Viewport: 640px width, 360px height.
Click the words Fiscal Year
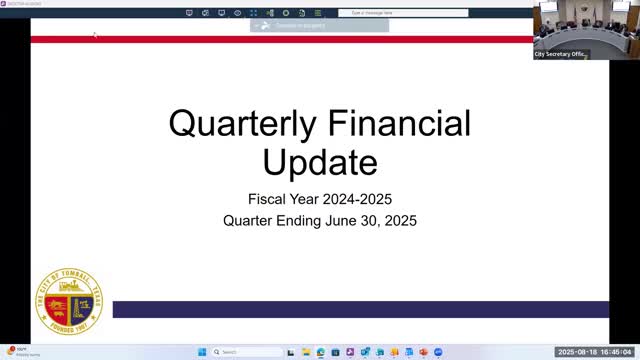284,198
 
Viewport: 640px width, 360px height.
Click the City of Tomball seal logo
69,301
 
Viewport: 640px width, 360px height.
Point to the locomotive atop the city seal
69,284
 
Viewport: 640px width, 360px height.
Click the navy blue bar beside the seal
360,309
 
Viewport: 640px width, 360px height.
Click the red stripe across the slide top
280,39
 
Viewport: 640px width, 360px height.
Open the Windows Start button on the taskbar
200,352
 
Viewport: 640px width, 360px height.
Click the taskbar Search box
240,352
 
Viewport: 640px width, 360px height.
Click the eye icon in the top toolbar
237,13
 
